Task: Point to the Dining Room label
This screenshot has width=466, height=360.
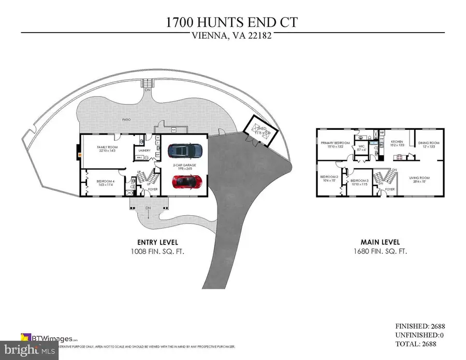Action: (x=429, y=144)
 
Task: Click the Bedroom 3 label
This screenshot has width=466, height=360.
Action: (x=359, y=182)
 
